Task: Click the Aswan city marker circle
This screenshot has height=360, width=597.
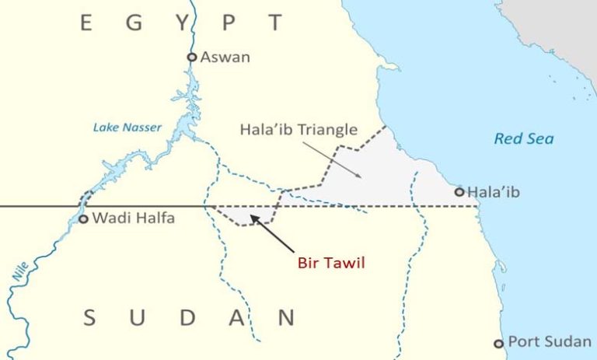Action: (x=192, y=57)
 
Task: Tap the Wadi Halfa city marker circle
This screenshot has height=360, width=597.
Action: (x=84, y=219)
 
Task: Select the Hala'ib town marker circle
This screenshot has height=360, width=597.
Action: (x=459, y=191)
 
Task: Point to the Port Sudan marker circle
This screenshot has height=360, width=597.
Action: (x=499, y=343)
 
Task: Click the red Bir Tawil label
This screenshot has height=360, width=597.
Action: (x=331, y=263)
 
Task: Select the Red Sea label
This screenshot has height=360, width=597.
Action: (x=524, y=138)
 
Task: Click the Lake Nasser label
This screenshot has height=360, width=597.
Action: (x=127, y=128)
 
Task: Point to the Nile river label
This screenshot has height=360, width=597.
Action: (x=20, y=269)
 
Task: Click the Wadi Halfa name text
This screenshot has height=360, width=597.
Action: (x=134, y=218)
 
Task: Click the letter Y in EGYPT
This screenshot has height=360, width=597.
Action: (x=183, y=23)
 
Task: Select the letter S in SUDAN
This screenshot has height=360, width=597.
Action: (x=90, y=317)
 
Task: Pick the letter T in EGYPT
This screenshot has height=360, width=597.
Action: (x=275, y=23)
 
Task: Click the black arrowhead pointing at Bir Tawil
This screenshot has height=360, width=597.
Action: (x=255, y=222)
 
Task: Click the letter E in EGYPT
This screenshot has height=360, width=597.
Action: (x=86, y=23)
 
